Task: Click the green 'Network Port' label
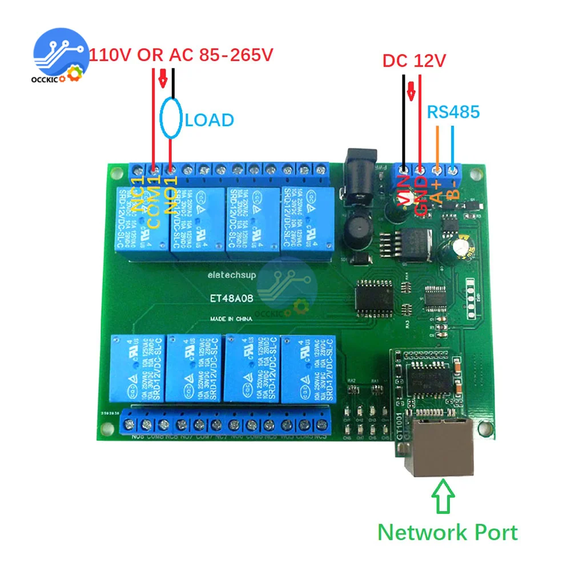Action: pos(448,532)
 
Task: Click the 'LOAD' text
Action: pos(210,120)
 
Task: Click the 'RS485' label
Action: pos(453,112)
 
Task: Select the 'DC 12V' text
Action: pos(413,61)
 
